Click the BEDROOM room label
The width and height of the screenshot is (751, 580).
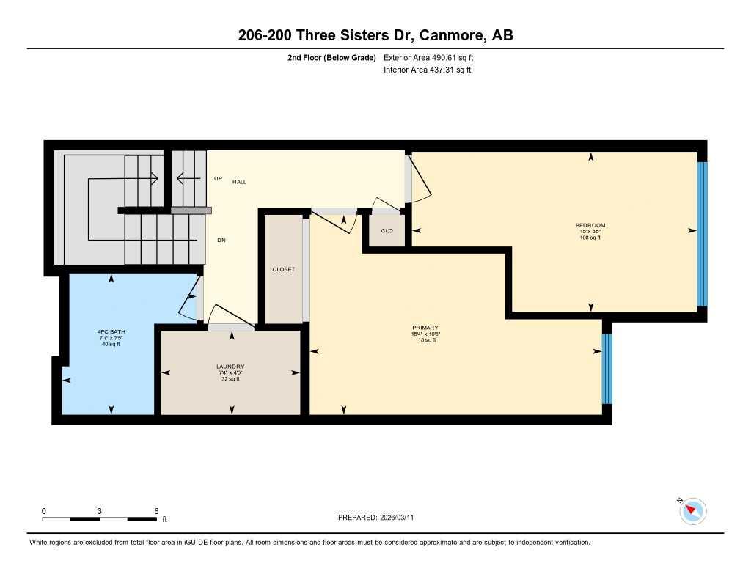590,225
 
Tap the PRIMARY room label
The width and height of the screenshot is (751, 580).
425,328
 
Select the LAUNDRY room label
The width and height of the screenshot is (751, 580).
230,367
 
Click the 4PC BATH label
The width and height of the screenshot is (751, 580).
111,331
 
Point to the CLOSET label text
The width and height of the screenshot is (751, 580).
283,269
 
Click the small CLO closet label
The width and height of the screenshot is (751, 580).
387,230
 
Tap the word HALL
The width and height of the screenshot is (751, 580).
240,181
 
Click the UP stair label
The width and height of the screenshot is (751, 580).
218,178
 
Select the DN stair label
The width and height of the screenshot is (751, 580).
220,240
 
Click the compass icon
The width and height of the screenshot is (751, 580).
693,510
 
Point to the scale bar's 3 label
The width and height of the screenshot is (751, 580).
99,511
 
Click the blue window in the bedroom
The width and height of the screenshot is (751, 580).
701,234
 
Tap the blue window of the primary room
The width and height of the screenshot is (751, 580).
607,369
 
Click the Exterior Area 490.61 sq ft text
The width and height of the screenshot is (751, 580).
433,57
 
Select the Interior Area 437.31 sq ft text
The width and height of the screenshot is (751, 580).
427,70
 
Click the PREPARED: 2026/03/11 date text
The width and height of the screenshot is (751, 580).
380,518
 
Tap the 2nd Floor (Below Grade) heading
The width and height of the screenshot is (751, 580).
331,57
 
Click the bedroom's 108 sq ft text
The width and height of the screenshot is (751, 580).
590,238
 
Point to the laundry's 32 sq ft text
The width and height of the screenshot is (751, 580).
230,379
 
